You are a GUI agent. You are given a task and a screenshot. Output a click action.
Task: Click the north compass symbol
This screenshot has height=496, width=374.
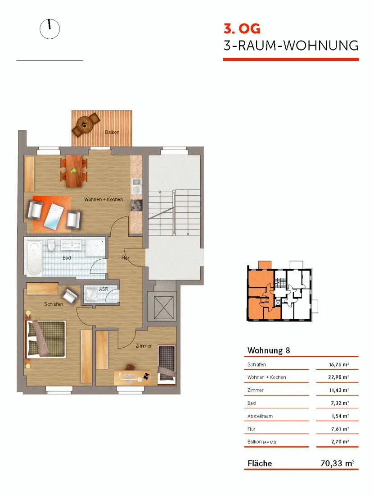pyautogui.click(x=50, y=29)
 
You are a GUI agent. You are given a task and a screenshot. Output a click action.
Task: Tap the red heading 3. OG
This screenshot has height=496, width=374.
pyautogui.click(x=242, y=29)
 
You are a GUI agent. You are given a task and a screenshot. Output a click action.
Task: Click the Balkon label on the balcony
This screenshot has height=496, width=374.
pyautogui.click(x=112, y=132)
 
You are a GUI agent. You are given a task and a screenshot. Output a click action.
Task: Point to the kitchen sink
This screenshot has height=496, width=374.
pyautogui.click(x=136, y=186)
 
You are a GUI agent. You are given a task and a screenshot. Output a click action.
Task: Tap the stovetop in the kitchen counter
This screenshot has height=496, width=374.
pyautogui.click(x=136, y=206)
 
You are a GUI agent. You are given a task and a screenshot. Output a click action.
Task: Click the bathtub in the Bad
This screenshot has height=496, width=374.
pyautogui.click(x=34, y=258)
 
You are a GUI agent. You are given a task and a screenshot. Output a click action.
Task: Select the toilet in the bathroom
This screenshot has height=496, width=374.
pyautogui.click(x=51, y=246)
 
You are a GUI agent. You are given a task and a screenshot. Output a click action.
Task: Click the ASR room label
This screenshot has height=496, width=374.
pyautogui.click(x=104, y=289)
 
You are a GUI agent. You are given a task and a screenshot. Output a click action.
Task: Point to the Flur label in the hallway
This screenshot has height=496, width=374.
pyautogui.click(x=125, y=258)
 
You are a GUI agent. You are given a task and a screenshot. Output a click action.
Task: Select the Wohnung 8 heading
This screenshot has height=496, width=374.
pyautogui.click(x=269, y=350)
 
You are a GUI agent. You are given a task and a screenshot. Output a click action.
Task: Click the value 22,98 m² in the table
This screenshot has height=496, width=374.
pyautogui.click(x=338, y=377)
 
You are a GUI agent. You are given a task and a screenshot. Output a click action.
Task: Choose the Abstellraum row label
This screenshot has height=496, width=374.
pyautogui.click(x=260, y=416)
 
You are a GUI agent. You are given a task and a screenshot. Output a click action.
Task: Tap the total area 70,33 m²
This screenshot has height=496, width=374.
pyautogui.click(x=338, y=464)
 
